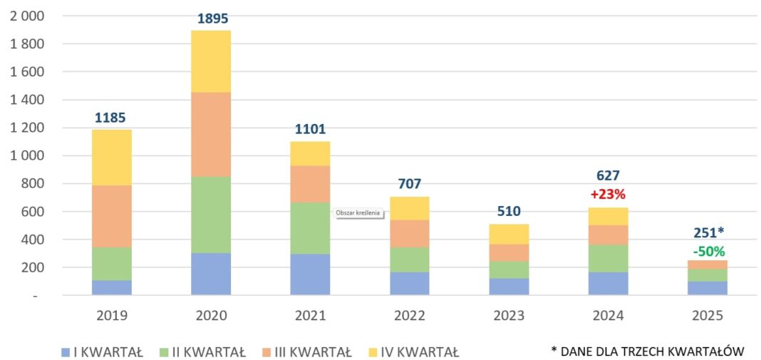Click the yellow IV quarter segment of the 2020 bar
tap(211, 61)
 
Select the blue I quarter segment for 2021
tap(310, 274)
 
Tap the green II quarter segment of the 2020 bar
tap(211, 215)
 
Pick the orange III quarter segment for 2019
tap(112, 216)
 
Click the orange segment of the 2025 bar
tap(708, 264)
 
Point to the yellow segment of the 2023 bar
tap(509, 234)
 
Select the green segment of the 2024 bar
tap(608, 258)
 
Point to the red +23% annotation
tap(608, 194)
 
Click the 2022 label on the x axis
tap(410, 316)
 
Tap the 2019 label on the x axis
tap(112, 316)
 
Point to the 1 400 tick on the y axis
tap(28, 100)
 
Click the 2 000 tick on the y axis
tap(28, 16)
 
